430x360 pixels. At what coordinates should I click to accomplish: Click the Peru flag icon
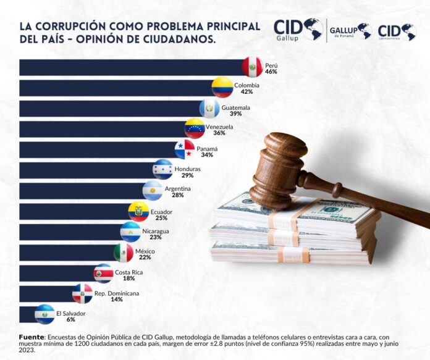252,67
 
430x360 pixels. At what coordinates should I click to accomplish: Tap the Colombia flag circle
222,87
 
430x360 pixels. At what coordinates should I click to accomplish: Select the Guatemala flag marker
209,108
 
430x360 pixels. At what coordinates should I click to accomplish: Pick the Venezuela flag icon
195,128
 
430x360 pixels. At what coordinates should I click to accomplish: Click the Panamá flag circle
184,149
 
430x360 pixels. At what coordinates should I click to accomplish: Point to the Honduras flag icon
163,170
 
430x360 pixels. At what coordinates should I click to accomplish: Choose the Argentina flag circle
153,191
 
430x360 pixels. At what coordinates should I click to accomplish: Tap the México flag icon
124,253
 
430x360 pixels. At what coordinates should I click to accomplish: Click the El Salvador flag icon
44,314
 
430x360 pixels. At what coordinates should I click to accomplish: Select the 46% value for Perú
271,72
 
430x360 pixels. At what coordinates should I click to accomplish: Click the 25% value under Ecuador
161,217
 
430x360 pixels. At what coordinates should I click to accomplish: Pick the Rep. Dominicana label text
117,293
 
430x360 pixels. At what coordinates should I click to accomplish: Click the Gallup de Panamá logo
350,30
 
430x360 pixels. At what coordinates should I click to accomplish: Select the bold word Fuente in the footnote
32,337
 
